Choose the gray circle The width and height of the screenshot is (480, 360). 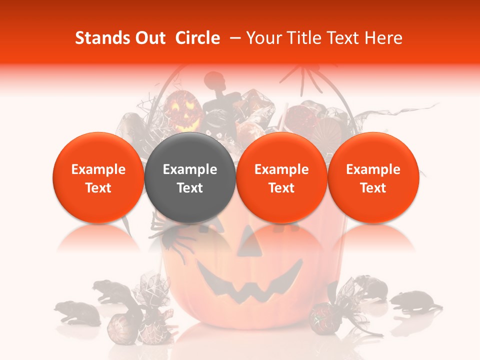pos(190,178)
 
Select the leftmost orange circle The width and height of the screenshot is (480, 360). pos(98,178)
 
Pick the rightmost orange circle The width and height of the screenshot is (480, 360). pos(373,178)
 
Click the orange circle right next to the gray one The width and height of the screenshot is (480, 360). pos(281,178)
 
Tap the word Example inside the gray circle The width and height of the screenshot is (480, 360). pos(190,169)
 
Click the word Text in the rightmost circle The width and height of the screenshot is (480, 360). pos(373,188)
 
